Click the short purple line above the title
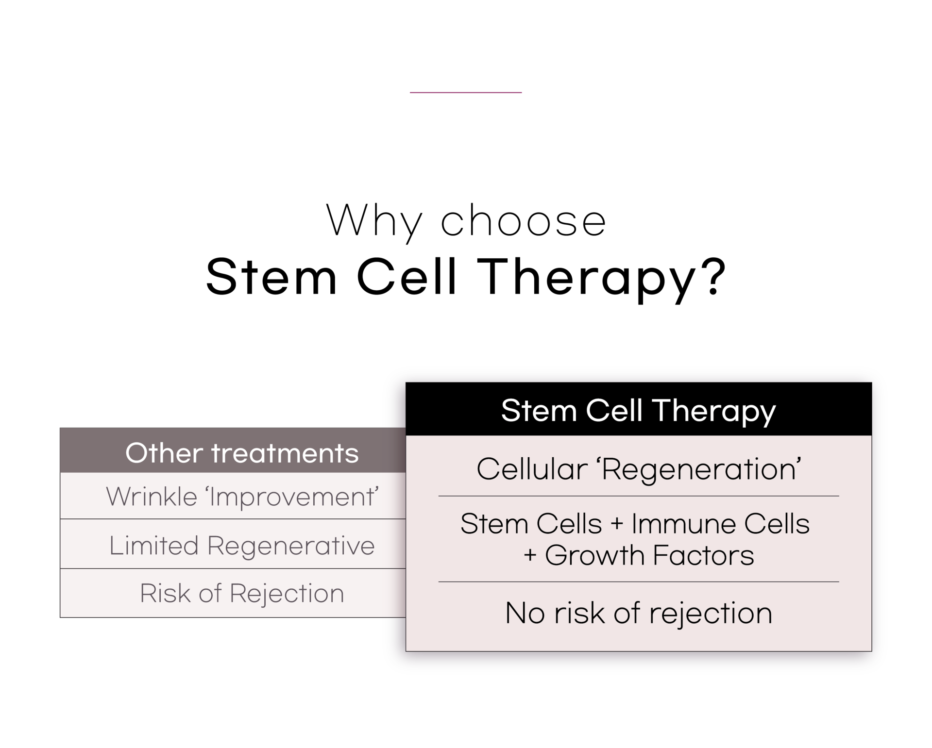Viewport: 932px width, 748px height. [x=465, y=92]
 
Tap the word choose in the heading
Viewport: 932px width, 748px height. [x=523, y=220]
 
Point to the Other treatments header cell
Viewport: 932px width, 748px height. [x=233, y=450]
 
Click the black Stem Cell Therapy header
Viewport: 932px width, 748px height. [x=639, y=409]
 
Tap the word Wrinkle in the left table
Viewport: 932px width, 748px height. [x=152, y=497]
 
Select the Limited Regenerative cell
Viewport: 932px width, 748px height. [x=233, y=544]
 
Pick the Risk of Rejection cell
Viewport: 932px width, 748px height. [x=233, y=593]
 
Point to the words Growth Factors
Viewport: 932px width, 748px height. [x=649, y=555]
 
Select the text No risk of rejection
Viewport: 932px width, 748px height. [x=639, y=614]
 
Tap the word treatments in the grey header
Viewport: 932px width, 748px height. [x=285, y=453]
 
